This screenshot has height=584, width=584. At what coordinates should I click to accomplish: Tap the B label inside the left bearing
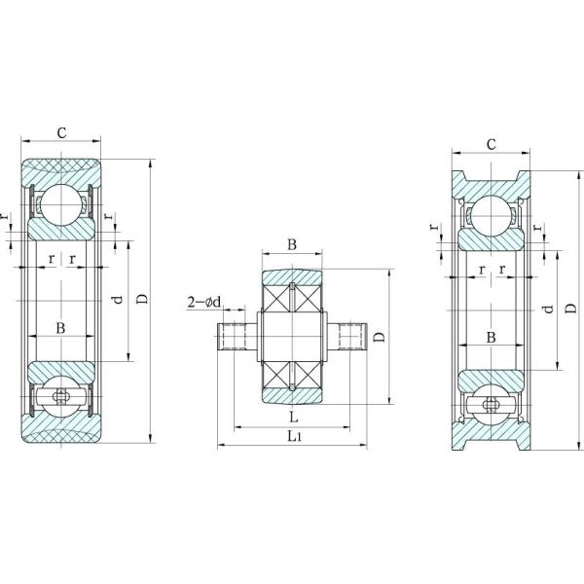tap(61, 328)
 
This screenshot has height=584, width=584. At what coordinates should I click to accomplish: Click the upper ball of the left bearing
tap(61, 201)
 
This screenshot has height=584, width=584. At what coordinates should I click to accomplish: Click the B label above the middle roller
tap(292, 244)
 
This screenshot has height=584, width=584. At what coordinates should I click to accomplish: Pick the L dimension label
tap(293, 417)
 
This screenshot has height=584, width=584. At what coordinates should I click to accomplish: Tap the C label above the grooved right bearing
tap(492, 144)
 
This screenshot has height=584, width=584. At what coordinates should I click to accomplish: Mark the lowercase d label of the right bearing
tap(548, 309)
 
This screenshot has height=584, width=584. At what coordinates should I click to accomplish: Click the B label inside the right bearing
tap(492, 337)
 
